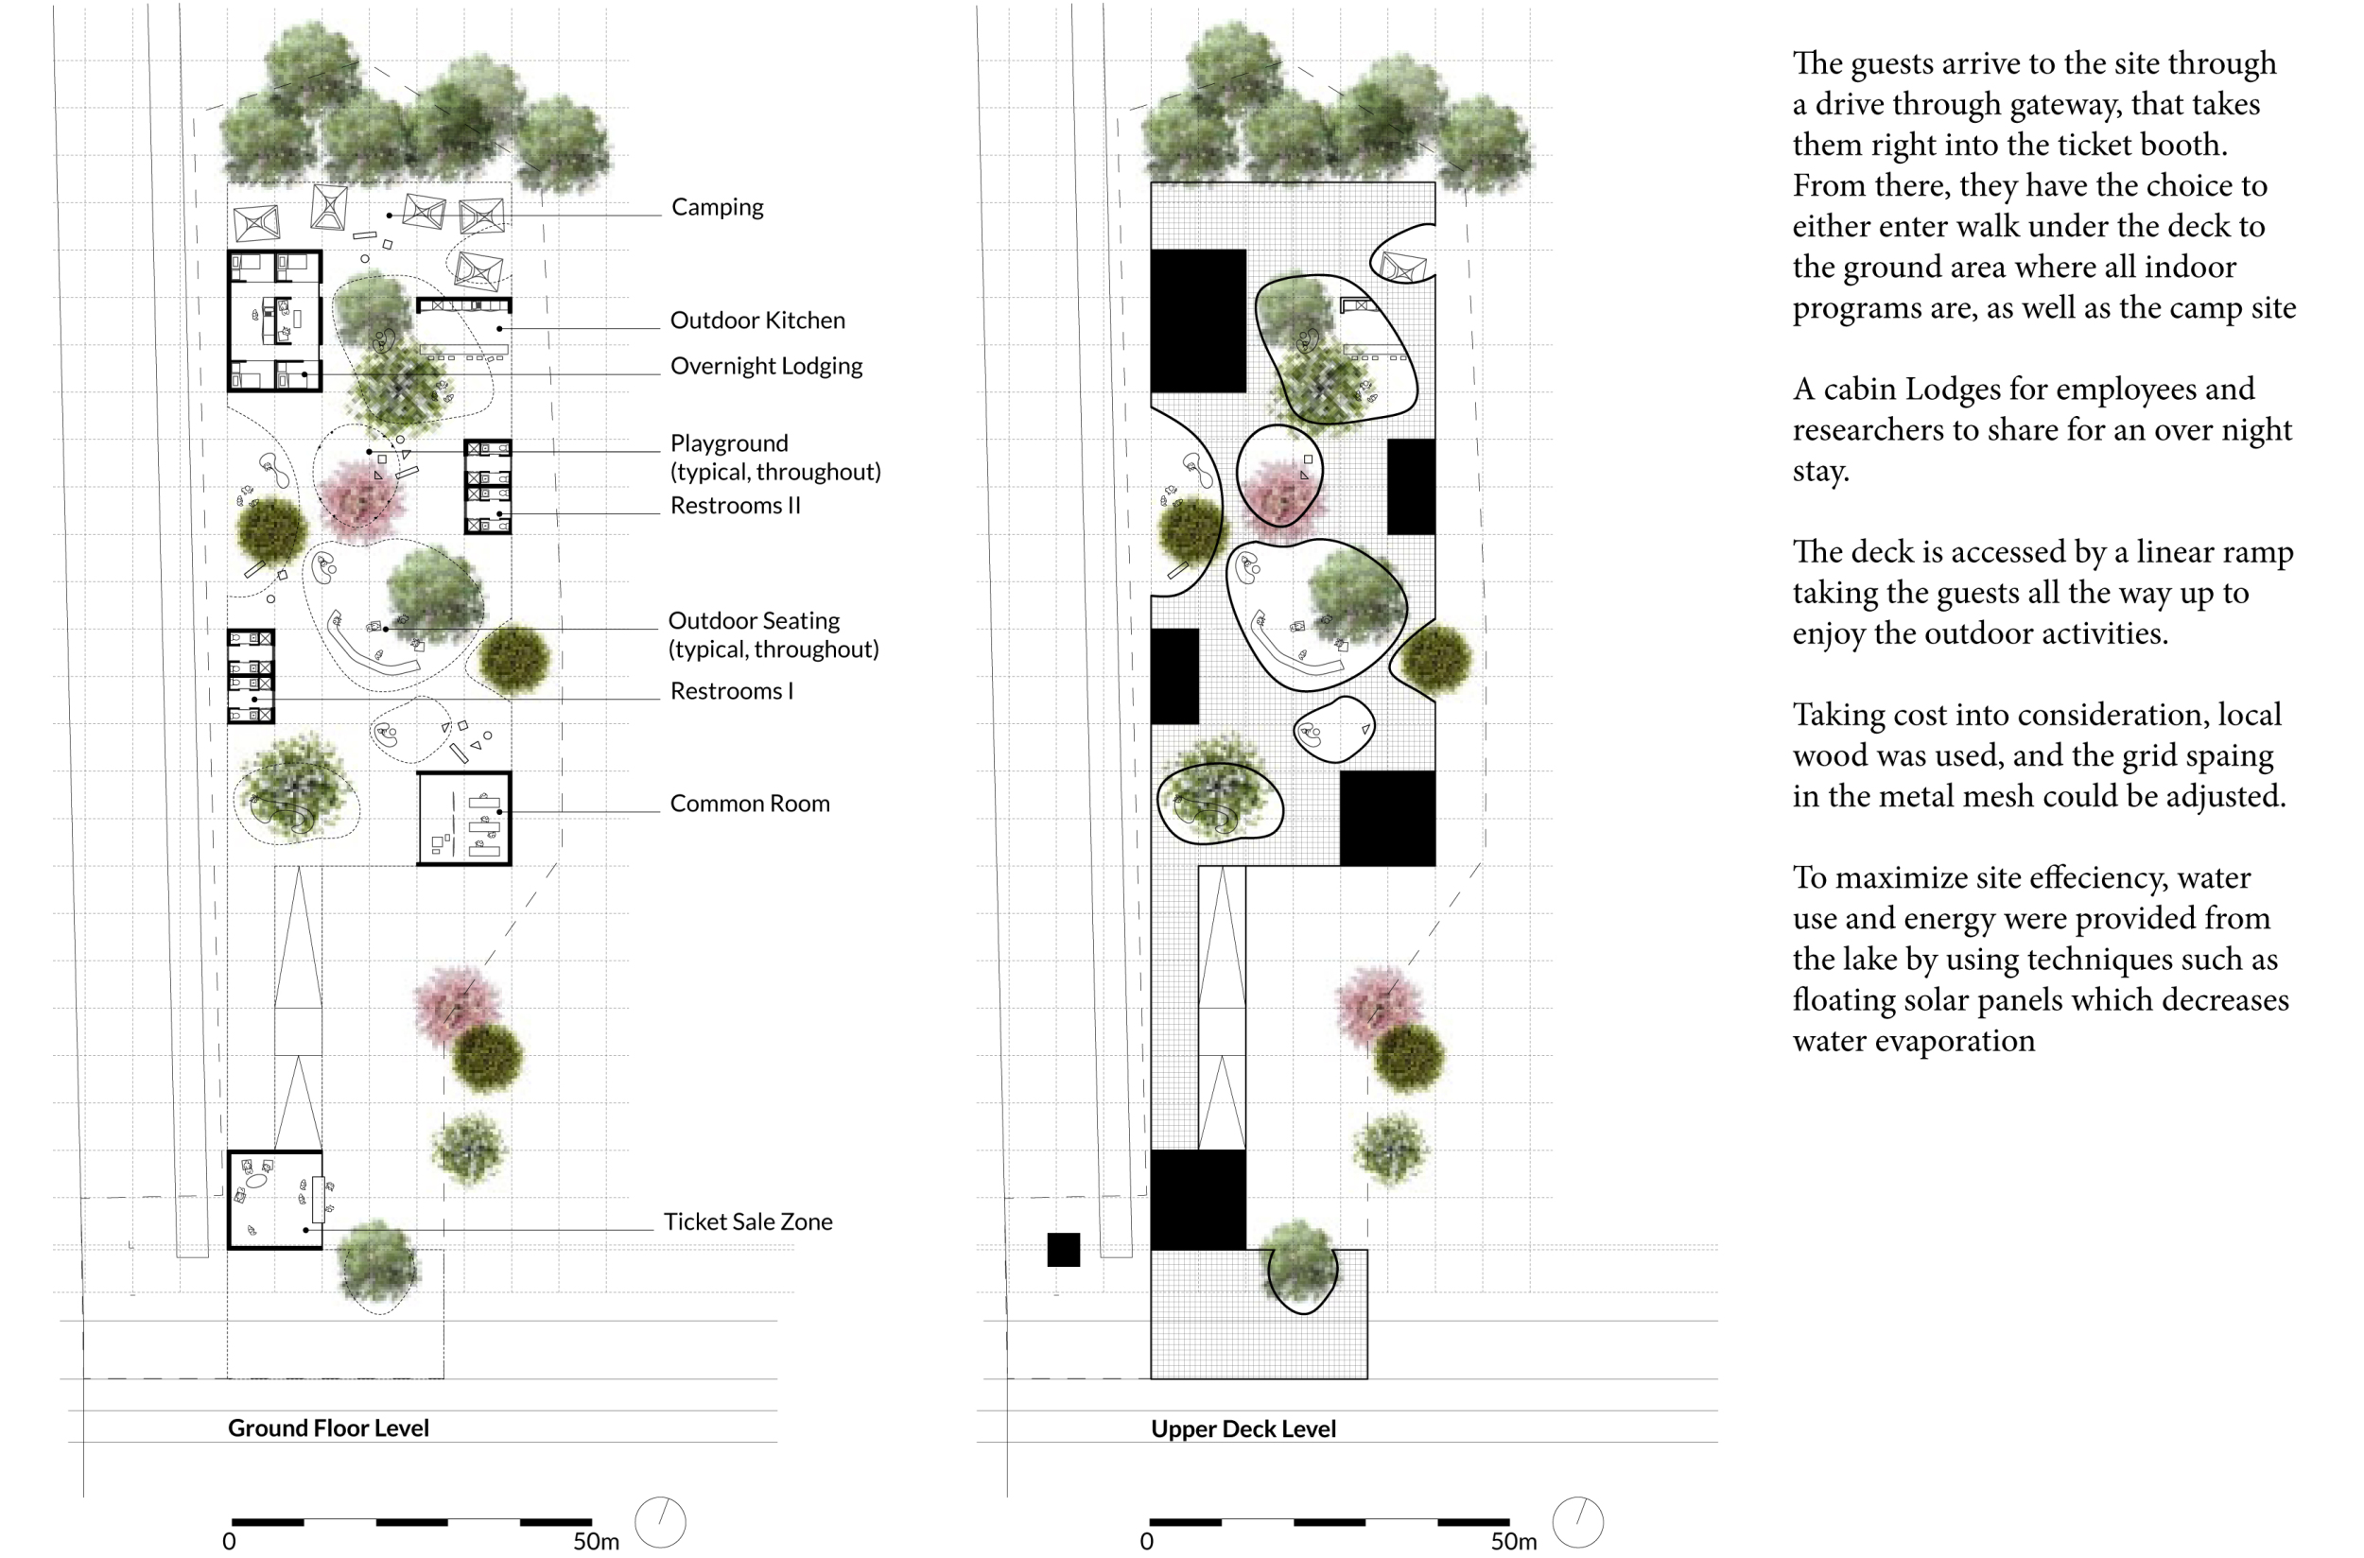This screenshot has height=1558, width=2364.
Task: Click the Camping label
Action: point(717,207)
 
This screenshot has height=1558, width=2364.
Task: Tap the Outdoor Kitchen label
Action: point(757,320)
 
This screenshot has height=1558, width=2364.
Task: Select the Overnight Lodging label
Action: point(766,366)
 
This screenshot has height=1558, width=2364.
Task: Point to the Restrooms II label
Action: point(735,506)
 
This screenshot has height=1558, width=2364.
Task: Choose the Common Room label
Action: point(749,804)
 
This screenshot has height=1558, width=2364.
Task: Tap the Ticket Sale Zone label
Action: point(747,1222)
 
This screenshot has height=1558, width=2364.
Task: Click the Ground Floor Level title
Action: point(328,1428)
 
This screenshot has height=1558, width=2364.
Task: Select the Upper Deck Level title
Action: point(1243,1429)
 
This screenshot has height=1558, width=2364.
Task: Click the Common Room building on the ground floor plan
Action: point(464,819)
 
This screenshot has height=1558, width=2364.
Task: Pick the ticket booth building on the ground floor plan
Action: point(275,1201)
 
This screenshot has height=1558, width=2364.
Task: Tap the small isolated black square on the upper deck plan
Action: point(1062,1250)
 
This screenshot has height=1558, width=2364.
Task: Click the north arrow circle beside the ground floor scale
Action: point(660,1522)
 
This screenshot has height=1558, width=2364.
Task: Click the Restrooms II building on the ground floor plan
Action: point(488,487)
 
